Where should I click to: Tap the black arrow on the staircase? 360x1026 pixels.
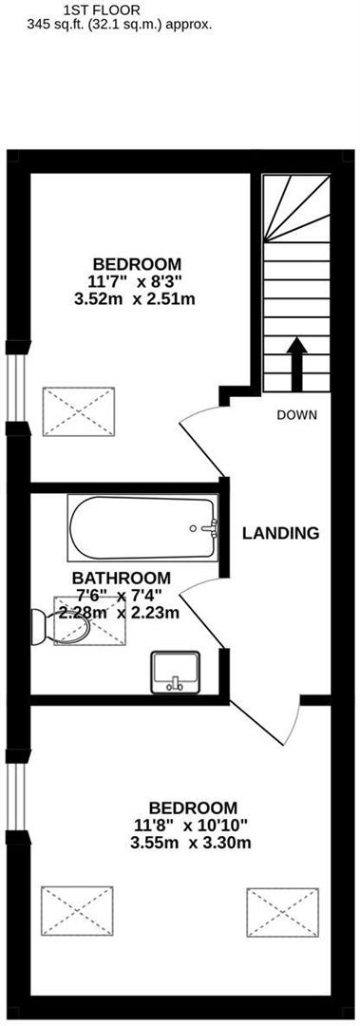(x=295, y=362)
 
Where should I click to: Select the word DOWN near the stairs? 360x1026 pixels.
(x=296, y=415)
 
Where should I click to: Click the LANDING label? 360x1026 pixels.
(x=280, y=533)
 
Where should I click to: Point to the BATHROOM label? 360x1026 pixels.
(x=122, y=578)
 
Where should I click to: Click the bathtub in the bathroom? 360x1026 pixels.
(x=142, y=529)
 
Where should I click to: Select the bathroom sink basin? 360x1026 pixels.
(x=176, y=671)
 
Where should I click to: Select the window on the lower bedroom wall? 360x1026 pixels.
(x=14, y=795)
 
